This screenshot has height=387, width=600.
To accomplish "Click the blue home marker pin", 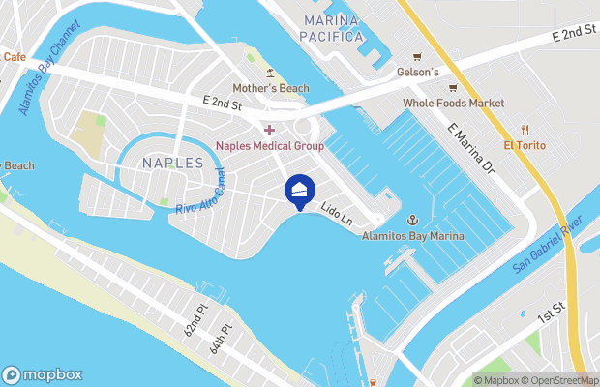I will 300,191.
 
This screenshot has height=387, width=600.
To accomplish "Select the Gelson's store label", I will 417,73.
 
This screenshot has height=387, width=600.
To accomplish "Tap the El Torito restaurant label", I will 525,145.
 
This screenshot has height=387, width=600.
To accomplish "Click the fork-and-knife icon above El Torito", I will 525,130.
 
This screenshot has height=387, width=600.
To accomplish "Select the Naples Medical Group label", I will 269,145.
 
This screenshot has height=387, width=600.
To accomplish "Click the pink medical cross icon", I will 269,130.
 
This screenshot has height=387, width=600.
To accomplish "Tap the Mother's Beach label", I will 270,88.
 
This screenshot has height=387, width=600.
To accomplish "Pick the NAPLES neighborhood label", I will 172,163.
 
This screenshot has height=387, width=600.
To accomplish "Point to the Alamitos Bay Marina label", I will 412,236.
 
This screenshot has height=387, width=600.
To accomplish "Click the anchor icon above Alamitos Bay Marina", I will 411,221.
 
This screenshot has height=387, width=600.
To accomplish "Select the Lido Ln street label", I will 337,214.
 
